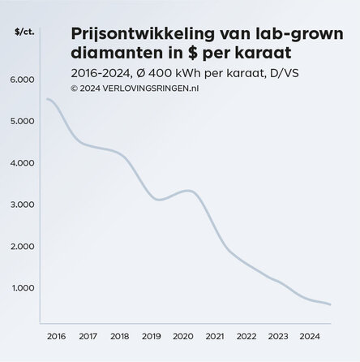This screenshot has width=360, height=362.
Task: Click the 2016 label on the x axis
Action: tap(56, 335)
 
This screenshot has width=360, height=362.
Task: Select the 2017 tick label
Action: tap(88, 335)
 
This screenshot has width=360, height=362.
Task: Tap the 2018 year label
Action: tap(119, 335)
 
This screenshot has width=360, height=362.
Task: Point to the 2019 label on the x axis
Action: tap(151, 335)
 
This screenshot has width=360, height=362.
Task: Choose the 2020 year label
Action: tap(183, 335)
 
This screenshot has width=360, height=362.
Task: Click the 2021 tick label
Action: tap(215, 335)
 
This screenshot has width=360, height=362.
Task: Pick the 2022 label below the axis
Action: tap(246, 335)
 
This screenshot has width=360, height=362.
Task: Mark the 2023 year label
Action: tap(278, 335)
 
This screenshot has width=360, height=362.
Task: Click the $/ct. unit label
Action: tap(25, 32)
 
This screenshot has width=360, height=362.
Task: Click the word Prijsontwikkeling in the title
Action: tap(136, 33)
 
